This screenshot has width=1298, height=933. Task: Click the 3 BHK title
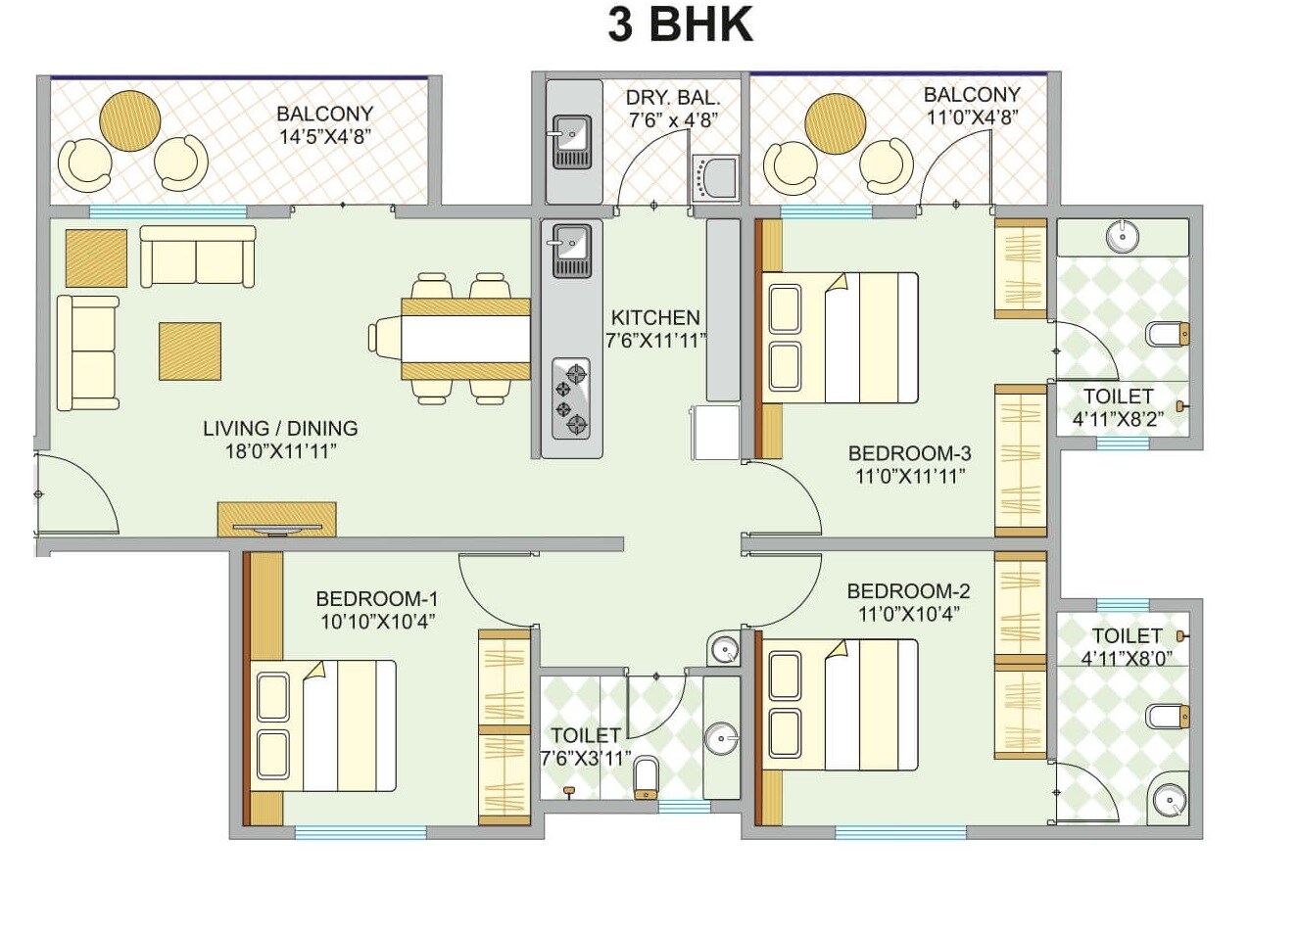tap(680, 24)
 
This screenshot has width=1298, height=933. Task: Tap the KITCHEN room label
tap(654, 318)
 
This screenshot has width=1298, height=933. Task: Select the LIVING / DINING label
tap(280, 429)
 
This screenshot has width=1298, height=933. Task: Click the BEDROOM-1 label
tap(376, 599)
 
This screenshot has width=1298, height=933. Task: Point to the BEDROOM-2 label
tap(908, 591)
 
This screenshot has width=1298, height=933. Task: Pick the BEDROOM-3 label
tap(909, 453)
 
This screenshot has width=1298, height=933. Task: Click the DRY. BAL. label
tap(673, 98)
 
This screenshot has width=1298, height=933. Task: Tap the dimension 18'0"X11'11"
tap(281, 452)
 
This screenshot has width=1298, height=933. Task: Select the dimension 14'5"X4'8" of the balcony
tap(323, 137)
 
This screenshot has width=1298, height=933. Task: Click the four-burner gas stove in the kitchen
tap(571, 398)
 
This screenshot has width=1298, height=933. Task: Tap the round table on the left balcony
tap(129, 120)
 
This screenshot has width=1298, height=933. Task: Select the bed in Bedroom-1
tap(324, 725)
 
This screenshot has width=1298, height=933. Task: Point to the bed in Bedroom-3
tap(840, 338)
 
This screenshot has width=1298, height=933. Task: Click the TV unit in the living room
tap(276, 520)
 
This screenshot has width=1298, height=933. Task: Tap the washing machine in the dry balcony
tap(714, 178)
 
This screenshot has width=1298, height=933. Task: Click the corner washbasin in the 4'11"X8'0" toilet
tap(1169, 802)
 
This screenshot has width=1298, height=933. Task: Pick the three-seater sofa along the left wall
tap(87, 352)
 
